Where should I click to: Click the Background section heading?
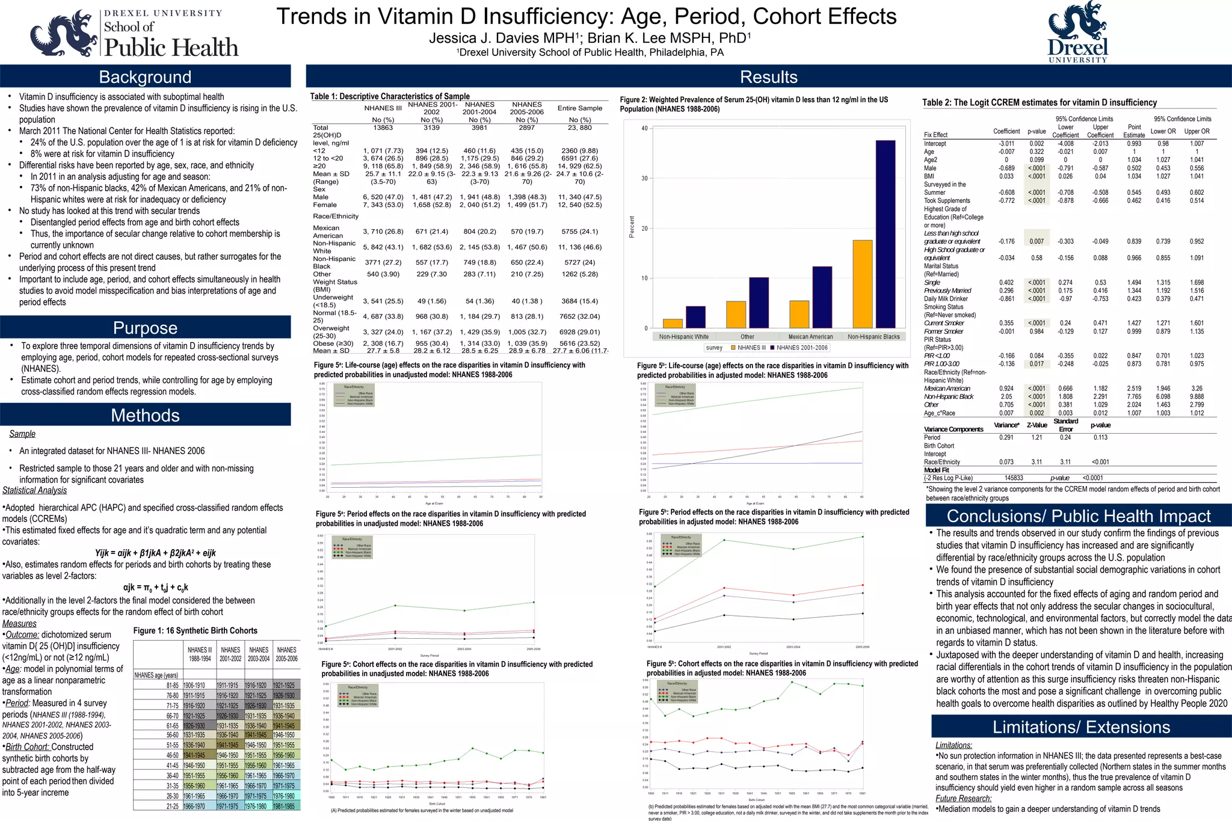click(x=145, y=77)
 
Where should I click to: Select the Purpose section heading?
click(x=145, y=328)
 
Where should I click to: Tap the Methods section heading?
click(x=145, y=415)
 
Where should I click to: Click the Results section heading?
click(x=768, y=77)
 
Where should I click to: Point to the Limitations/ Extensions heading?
click(x=1081, y=727)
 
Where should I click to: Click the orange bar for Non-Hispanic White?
click(x=673, y=323)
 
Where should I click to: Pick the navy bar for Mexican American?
click(x=822, y=297)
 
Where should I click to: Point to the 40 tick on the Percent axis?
click(x=644, y=129)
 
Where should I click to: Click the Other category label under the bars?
click(x=747, y=337)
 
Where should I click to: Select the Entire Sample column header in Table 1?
click(x=579, y=108)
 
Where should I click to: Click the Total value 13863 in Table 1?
click(x=383, y=128)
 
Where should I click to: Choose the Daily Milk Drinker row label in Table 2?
click(x=946, y=299)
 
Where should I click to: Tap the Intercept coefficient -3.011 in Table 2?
click(x=1006, y=144)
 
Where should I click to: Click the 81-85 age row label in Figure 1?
click(x=172, y=685)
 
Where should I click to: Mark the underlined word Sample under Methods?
click(x=22, y=434)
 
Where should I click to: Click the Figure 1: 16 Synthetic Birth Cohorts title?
click(x=195, y=630)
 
